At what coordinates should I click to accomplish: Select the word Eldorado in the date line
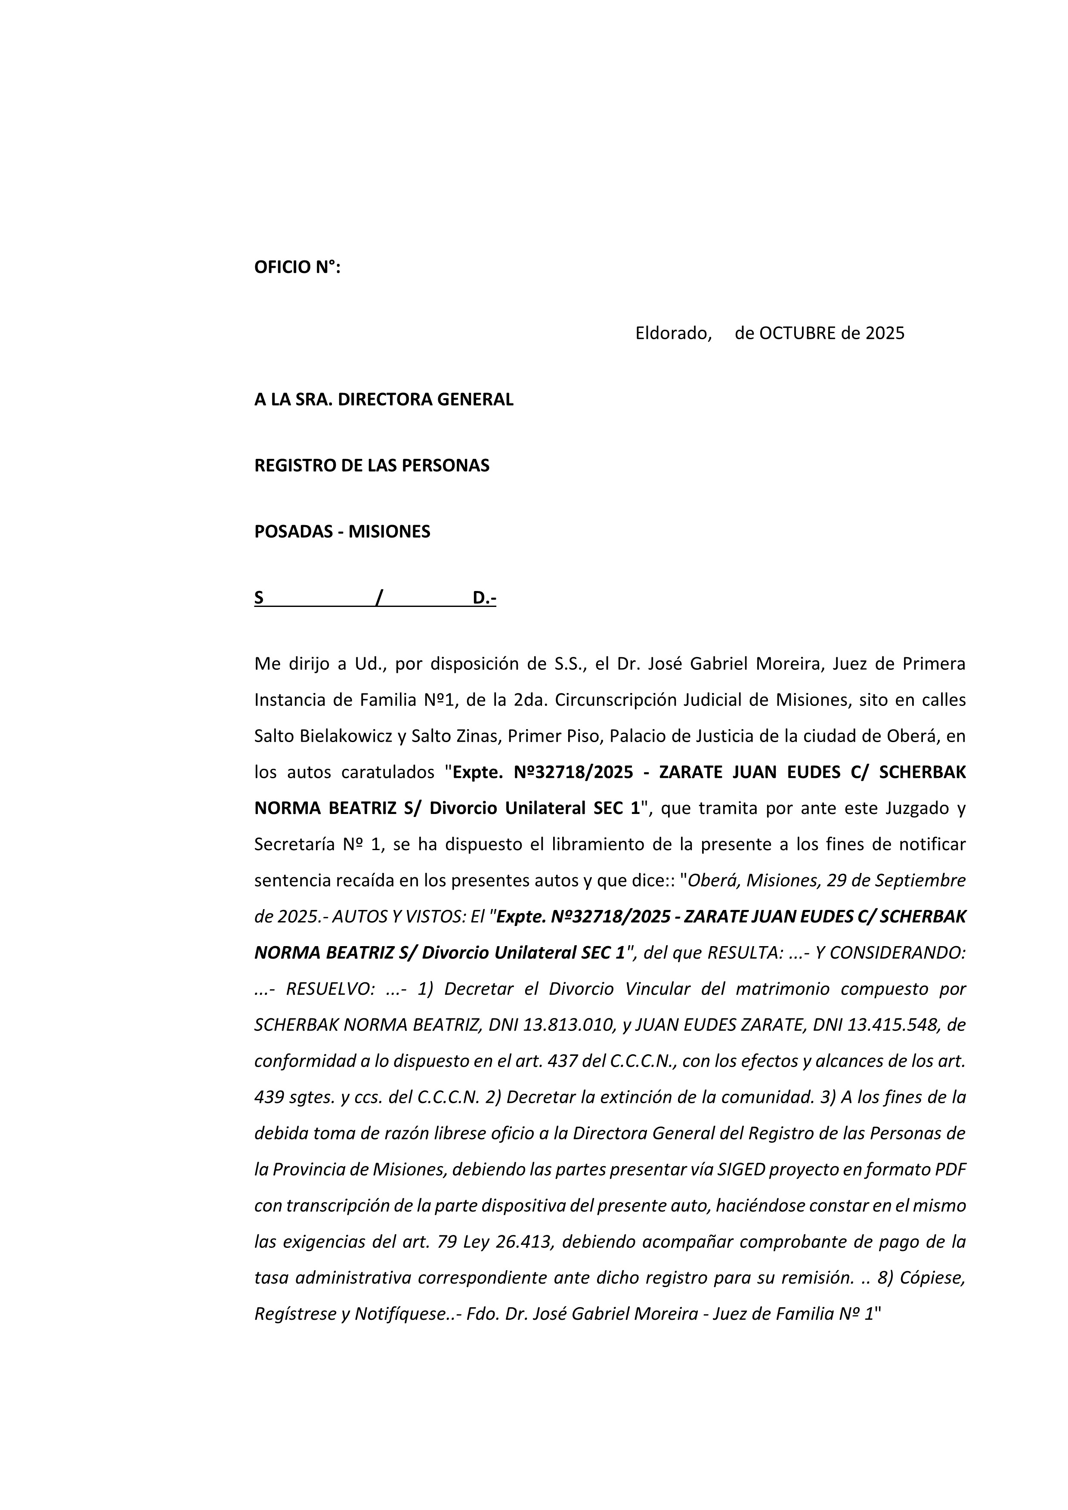(673, 334)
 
